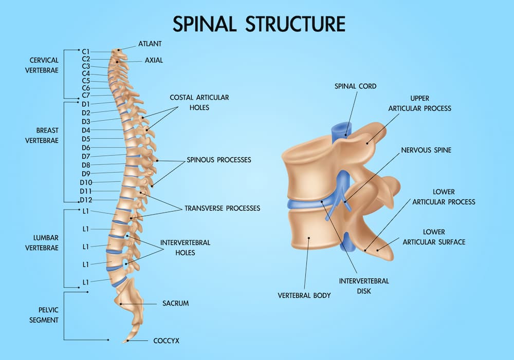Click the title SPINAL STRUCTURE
[x=259, y=24]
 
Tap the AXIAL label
[x=154, y=60]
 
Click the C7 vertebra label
[x=86, y=95]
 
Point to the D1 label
[x=86, y=104]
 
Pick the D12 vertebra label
[x=86, y=199]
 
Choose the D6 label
[x=86, y=147]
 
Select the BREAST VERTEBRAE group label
[x=42, y=135]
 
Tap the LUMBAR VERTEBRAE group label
[x=42, y=242]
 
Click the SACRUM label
[x=175, y=304]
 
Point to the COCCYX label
[x=166, y=340]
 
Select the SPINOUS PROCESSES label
[x=219, y=160]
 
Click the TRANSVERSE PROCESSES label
[x=222, y=209]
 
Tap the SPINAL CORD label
[x=355, y=86]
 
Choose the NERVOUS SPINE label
[x=426, y=150]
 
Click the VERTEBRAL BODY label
[x=304, y=296]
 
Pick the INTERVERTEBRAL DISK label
[x=363, y=286]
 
